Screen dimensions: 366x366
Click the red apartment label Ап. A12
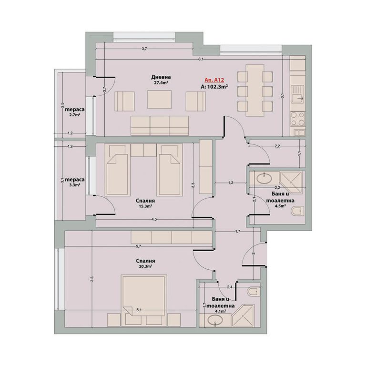click(x=214, y=80)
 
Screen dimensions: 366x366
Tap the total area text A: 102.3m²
click(x=214, y=87)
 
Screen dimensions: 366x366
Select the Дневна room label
click(x=161, y=77)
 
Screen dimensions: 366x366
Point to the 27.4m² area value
click(x=161, y=82)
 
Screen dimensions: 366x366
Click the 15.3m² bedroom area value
click(x=145, y=206)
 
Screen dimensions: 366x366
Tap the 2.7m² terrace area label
click(x=75, y=114)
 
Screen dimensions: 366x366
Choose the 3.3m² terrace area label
click(x=75, y=185)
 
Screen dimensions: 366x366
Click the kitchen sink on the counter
click(x=298, y=94)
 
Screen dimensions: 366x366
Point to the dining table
click(x=254, y=91)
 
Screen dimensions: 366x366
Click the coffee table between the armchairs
click(x=160, y=100)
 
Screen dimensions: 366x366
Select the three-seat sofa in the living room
click(x=160, y=126)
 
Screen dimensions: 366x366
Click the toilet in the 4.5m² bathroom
click(x=298, y=211)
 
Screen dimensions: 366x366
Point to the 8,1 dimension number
click(x=201, y=59)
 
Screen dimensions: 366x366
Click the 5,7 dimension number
click(x=138, y=246)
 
